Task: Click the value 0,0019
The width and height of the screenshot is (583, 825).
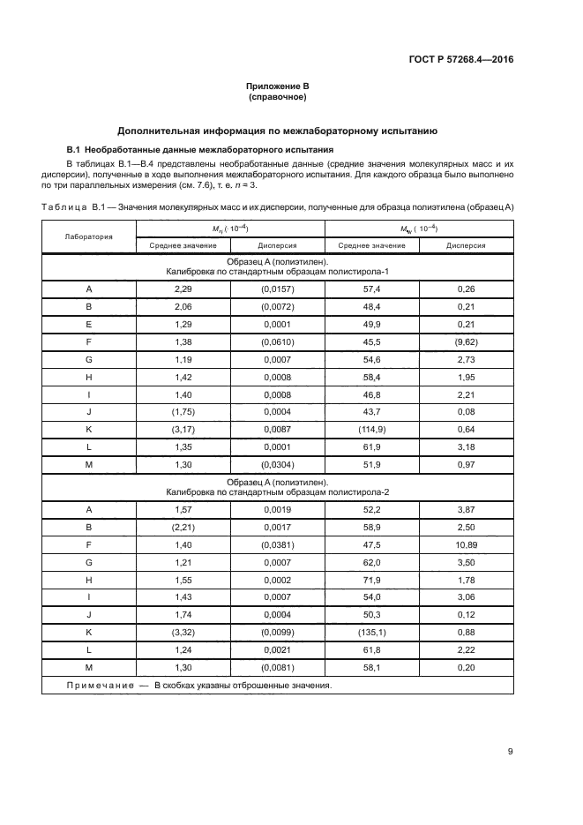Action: tap(277, 509)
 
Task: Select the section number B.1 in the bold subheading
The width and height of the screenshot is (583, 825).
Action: tap(75, 150)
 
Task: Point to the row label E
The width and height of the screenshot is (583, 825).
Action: tap(88, 326)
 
